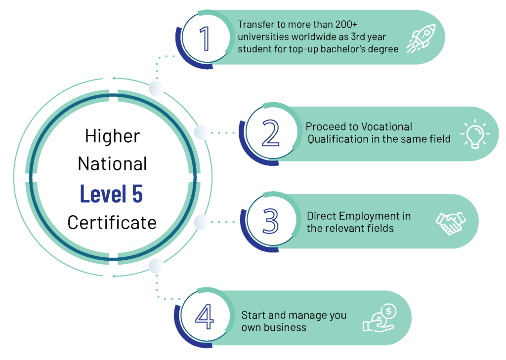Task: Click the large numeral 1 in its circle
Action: [205, 39]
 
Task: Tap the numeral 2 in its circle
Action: [271, 132]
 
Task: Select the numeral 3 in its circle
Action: [270, 221]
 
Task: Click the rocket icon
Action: [421, 39]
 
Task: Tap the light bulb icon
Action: [475, 133]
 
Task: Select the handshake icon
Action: [451, 223]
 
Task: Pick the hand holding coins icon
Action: [380, 318]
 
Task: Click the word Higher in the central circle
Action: [113, 136]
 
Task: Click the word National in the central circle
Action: [112, 163]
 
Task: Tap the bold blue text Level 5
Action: [111, 194]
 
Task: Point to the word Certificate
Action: [112, 223]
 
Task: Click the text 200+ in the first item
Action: [346, 25]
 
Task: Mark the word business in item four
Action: [285, 327]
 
